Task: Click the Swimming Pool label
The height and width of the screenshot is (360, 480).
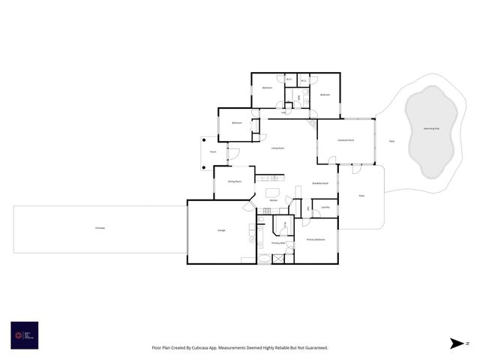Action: click(431, 128)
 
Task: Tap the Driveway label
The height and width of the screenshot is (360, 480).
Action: click(100, 227)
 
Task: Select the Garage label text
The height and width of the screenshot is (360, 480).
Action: click(221, 230)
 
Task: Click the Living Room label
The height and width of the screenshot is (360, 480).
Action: click(277, 148)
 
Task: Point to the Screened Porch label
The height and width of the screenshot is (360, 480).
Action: click(346, 140)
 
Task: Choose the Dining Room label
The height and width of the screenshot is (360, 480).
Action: click(234, 181)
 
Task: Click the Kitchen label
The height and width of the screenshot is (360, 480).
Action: click(274, 200)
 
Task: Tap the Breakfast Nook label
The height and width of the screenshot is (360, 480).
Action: click(320, 184)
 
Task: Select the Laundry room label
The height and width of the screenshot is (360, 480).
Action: click(325, 207)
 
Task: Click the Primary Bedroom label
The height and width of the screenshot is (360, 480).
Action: click(316, 239)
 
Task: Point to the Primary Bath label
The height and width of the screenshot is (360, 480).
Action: click(277, 243)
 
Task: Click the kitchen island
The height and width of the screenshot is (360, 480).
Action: click(271, 192)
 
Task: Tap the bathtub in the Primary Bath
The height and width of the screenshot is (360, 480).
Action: click(265, 258)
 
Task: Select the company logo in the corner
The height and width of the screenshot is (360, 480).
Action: click(24, 335)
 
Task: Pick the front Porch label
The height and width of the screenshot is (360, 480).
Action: click(213, 151)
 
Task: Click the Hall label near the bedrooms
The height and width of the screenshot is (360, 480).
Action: click(283, 112)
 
